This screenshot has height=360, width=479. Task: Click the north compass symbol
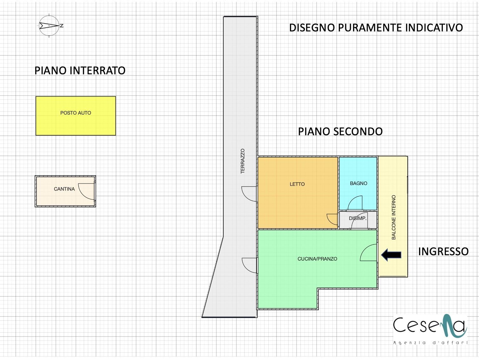click(49, 25)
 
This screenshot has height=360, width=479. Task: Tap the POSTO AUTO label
click(75, 113)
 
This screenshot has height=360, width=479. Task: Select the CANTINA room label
click(64, 189)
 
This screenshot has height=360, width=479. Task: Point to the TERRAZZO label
click(243, 161)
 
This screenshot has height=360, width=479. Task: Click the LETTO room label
click(297, 184)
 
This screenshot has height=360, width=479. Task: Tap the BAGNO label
click(358, 183)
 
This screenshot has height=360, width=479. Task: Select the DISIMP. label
click(358, 218)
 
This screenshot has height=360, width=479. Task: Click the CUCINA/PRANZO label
click(317, 259)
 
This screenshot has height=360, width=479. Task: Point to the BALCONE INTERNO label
click(394, 217)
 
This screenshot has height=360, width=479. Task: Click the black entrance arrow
click(391, 255)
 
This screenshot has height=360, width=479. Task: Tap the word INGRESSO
click(443, 251)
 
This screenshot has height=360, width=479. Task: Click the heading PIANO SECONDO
click(340, 131)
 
